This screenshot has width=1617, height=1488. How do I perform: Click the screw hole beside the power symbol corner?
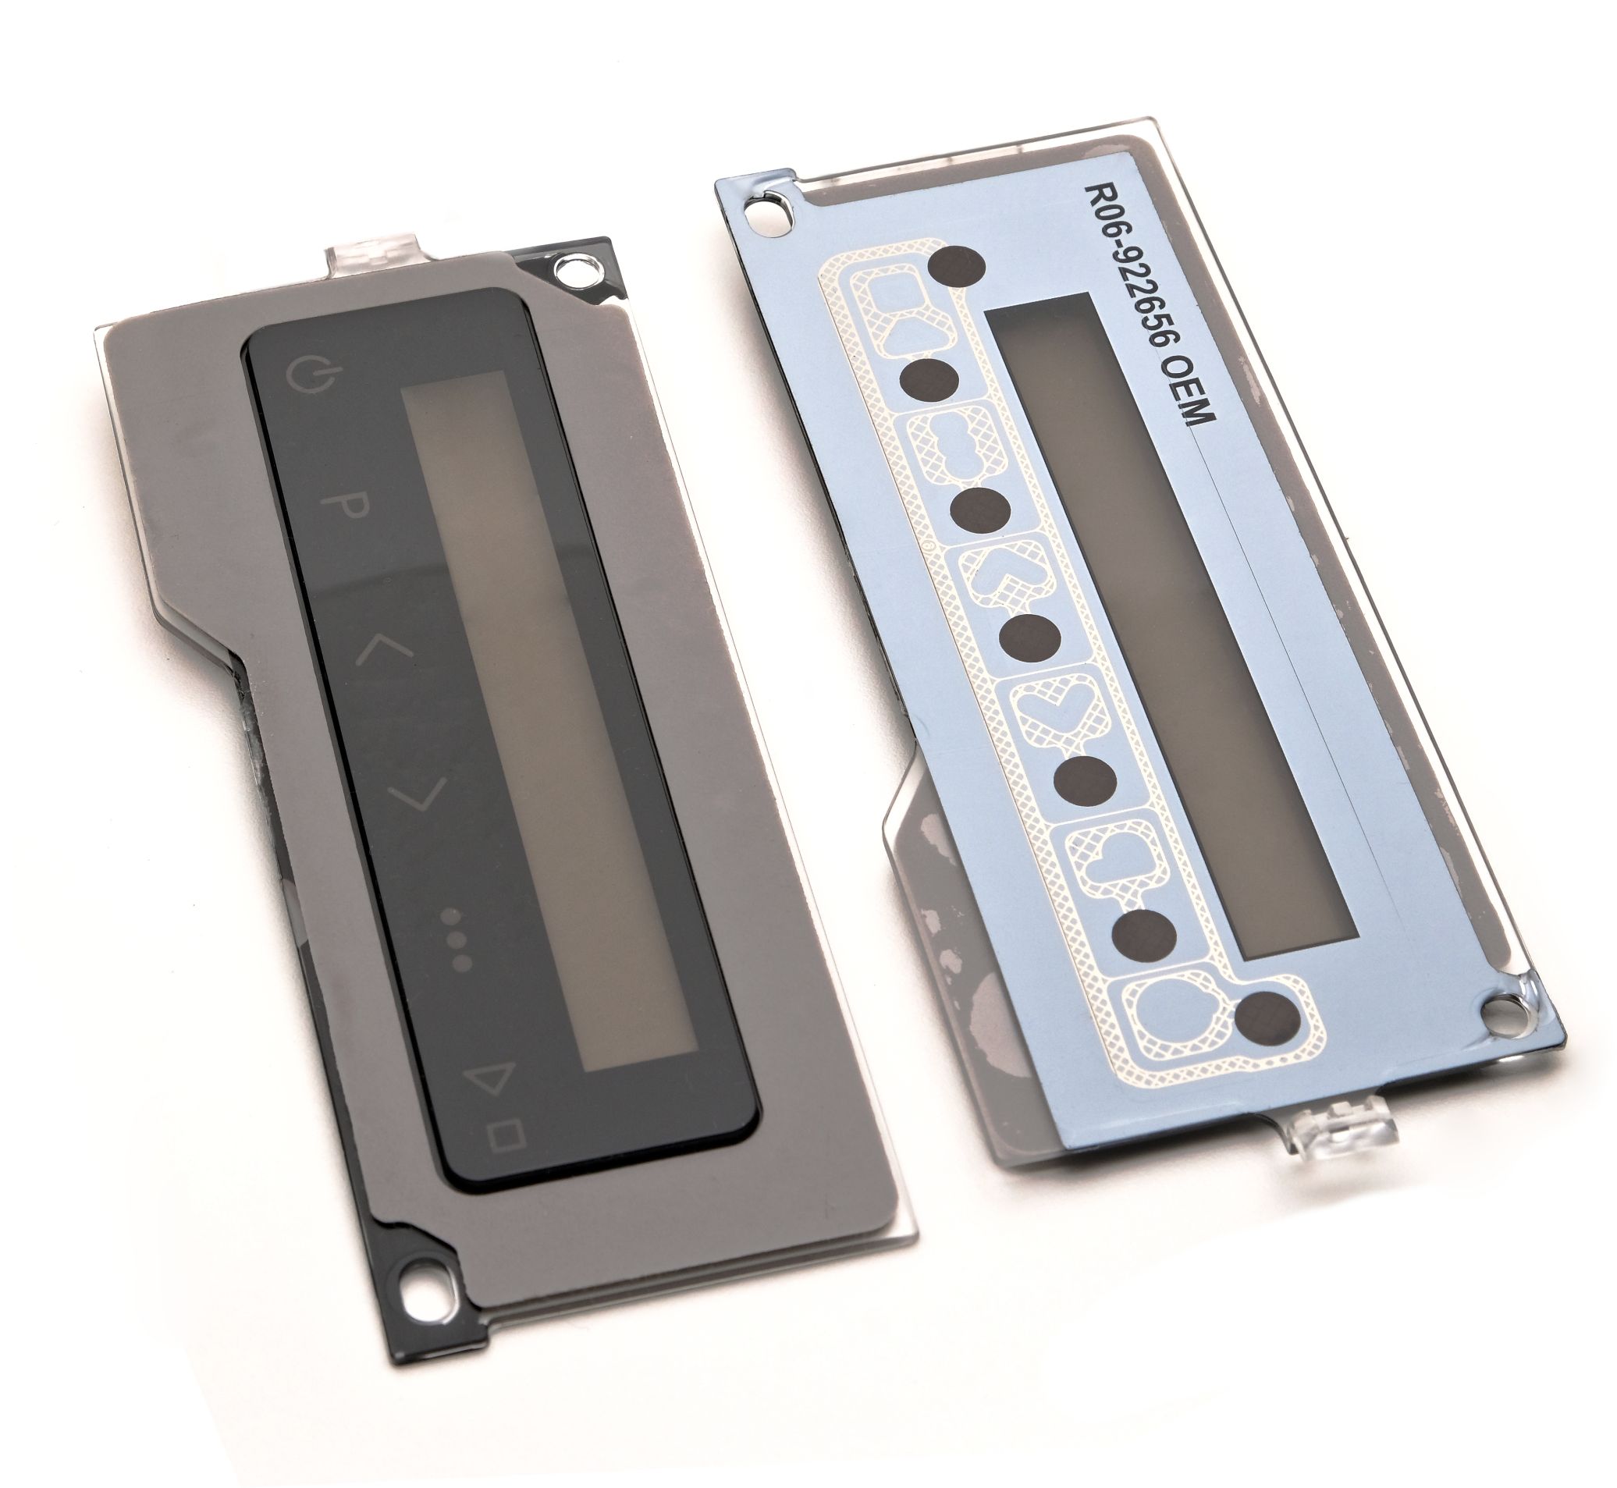(x=578, y=272)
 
